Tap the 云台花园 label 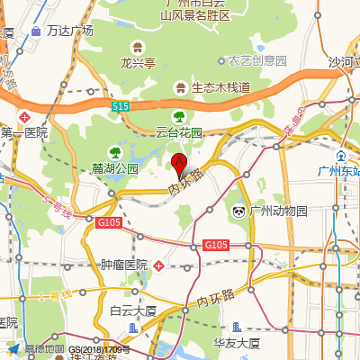(179, 131)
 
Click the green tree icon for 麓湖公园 (114, 152)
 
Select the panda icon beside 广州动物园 (238, 211)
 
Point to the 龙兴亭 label (140, 63)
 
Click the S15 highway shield (121, 106)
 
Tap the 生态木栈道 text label (220, 87)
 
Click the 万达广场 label (69, 31)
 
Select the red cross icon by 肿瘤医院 (158, 265)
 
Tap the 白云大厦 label (133, 311)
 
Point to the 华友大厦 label (237, 343)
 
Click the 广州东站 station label (338, 171)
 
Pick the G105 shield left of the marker (109, 221)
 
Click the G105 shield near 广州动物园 (215, 245)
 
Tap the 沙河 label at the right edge (343, 62)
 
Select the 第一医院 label (23, 132)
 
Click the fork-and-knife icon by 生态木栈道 (181, 87)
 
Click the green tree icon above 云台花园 (179, 115)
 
